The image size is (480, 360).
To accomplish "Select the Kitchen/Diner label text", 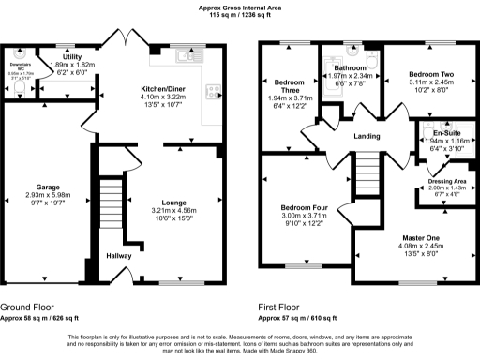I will tap(161, 84).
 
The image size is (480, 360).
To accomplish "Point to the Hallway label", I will tap(118, 255).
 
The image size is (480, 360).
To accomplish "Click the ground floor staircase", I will tap(112, 202).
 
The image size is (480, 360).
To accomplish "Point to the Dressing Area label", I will tap(446, 180).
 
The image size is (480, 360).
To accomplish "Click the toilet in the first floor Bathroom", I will tap(371, 63).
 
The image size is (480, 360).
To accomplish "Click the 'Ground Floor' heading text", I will tap(27, 307).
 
